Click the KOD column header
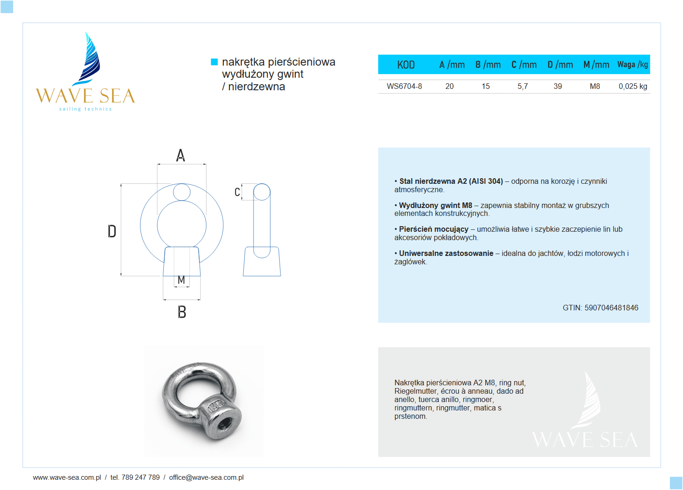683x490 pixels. coord(406,65)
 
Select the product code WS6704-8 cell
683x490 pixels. coord(404,86)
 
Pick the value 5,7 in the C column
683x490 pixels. coord(522,86)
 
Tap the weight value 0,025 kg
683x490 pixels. coord(633,86)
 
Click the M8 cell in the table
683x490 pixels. coord(595,86)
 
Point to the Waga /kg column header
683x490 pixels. coord(632,65)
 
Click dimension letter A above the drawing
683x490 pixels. coord(181,155)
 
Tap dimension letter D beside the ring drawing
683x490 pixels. coord(112,231)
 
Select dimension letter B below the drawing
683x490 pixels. coord(182,312)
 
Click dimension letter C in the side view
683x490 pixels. coord(237,192)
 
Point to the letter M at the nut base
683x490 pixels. coord(181,280)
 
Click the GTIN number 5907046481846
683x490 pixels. coord(611,308)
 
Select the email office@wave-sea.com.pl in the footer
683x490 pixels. coord(206,477)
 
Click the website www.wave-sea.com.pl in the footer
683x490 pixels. coord(67,477)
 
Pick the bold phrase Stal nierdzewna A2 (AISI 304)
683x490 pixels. coord(451,181)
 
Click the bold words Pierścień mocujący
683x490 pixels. coord(434,229)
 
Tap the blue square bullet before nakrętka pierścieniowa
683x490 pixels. coord(214,62)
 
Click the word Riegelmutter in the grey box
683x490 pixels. coord(415,391)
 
